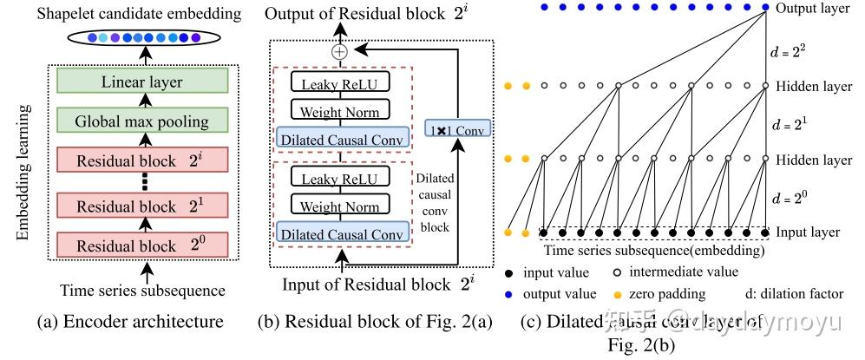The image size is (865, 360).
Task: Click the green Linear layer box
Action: point(142,82)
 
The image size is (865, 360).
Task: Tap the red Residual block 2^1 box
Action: point(142,206)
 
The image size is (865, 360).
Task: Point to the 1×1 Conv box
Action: point(459,129)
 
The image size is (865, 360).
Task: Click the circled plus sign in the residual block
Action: point(339,51)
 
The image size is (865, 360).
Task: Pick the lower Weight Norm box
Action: point(341,207)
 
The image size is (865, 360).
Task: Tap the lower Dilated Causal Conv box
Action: point(341,232)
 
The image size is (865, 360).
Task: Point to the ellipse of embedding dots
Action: point(142,37)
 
